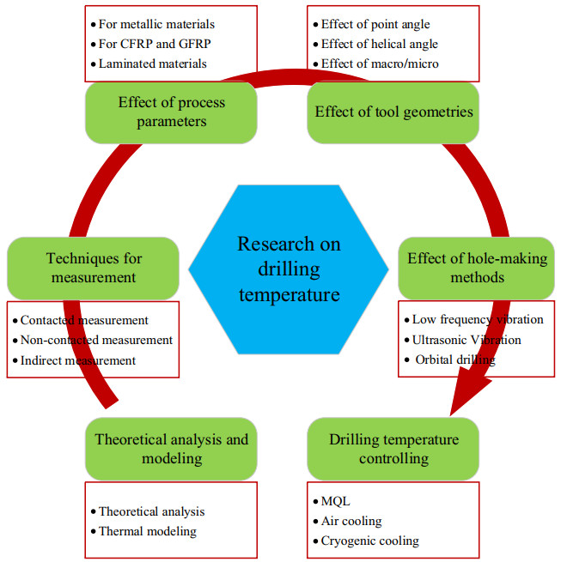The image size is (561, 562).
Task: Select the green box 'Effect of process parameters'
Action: (x=172, y=112)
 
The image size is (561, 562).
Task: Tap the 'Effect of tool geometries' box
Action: (x=394, y=112)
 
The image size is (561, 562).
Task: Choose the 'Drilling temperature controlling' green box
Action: (x=393, y=449)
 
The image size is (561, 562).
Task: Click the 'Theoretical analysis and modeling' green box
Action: (x=172, y=449)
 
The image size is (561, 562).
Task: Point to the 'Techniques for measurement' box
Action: (x=93, y=267)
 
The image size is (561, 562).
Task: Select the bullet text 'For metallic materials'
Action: (x=156, y=24)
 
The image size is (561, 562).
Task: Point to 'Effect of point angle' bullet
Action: (x=375, y=24)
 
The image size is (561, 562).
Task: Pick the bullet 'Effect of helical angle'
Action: (x=378, y=44)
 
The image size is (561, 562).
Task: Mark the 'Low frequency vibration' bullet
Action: (x=478, y=319)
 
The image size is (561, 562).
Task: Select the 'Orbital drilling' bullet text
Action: (x=454, y=360)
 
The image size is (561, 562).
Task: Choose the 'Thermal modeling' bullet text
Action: (x=148, y=531)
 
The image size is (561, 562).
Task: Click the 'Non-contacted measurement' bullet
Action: (x=96, y=340)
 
